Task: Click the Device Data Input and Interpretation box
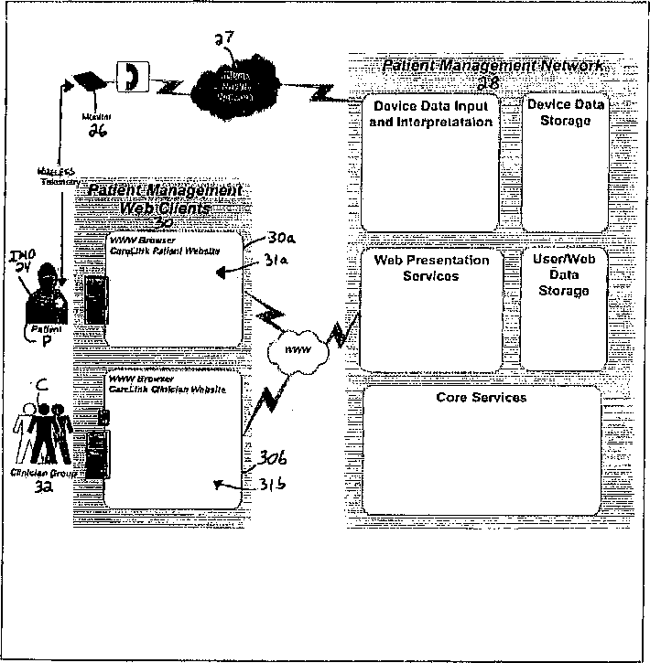[431, 163]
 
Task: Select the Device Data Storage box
[566, 163]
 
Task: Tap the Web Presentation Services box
[431, 309]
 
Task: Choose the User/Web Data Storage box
[565, 309]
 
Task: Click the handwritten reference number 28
[487, 81]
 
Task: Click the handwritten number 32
[42, 489]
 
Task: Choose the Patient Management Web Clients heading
[165, 198]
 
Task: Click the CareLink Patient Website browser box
[174, 290]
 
